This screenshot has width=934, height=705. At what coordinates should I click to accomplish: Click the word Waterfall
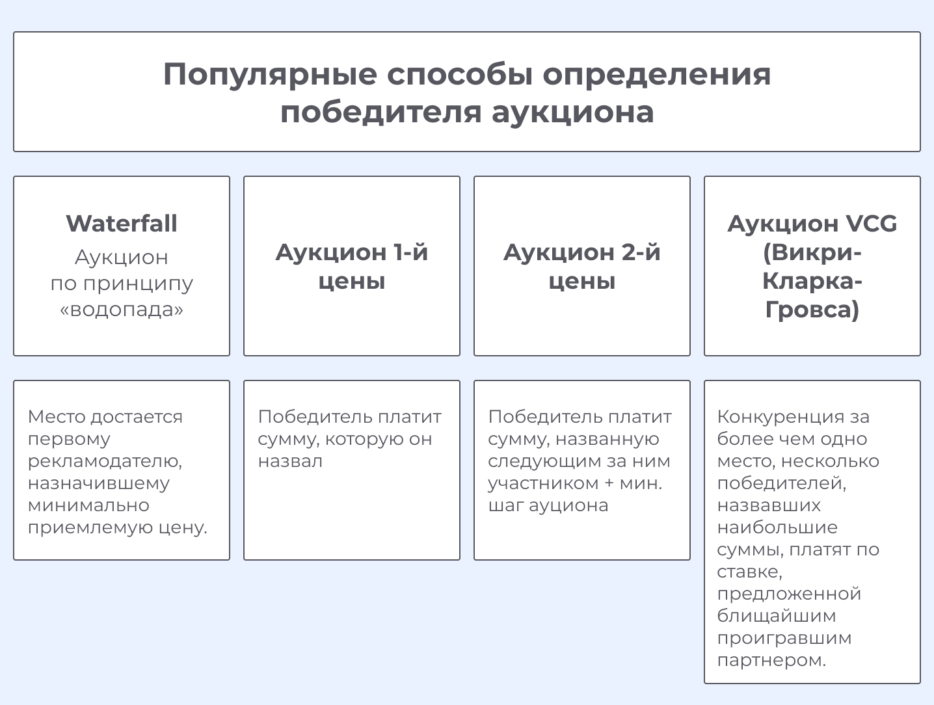(x=121, y=223)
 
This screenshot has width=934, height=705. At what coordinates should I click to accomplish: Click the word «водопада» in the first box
(x=121, y=310)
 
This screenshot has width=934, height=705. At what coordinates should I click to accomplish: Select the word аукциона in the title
(x=572, y=113)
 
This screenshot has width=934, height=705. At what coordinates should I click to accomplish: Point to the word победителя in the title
(x=381, y=113)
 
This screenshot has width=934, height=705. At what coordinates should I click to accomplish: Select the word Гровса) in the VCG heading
(x=812, y=310)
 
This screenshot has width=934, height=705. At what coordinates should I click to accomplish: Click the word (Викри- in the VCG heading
(x=812, y=253)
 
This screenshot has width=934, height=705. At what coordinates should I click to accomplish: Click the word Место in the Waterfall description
(x=57, y=417)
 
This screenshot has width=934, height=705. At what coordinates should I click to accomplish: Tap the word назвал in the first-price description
(x=290, y=461)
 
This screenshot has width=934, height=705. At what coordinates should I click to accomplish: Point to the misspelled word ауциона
(x=568, y=506)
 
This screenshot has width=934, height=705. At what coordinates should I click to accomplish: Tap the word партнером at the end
(x=771, y=661)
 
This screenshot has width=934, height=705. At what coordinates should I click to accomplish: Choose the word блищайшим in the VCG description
(x=777, y=616)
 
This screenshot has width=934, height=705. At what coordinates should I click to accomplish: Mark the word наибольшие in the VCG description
(x=777, y=527)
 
